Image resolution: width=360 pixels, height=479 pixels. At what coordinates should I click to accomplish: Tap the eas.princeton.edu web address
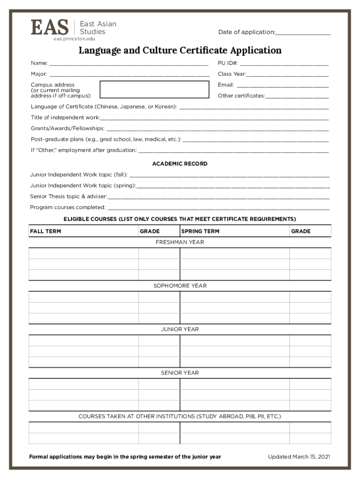pos(74,38)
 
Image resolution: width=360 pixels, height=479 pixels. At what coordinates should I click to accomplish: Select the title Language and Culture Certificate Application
pos(180,50)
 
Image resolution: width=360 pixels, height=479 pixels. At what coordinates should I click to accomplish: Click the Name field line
pos(129,64)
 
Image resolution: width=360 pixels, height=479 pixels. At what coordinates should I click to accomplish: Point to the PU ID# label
pos(228,63)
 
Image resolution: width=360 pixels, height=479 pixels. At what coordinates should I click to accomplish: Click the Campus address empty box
pos(154,89)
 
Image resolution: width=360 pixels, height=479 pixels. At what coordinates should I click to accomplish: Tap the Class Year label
pos(231,74)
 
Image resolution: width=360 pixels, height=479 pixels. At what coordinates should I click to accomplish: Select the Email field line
pos(282,86)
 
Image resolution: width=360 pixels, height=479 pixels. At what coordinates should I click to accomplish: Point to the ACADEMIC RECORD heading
pos(180,164)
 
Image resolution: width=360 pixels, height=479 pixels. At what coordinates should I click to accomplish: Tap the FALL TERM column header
pos(45,231)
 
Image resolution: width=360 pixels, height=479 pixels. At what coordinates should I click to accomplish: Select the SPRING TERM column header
pos(200,231)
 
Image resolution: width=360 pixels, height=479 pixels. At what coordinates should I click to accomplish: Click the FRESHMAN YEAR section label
pos(180,242)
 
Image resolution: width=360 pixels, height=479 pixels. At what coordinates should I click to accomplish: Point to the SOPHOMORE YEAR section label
pos(180,286)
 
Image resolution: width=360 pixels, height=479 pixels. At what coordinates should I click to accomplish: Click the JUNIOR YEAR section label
pos(180,329)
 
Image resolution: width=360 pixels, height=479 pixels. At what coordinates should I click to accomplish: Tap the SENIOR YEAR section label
pos(180,373)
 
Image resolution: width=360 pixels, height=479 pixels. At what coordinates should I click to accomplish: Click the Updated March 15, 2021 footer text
pos(299,457)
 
